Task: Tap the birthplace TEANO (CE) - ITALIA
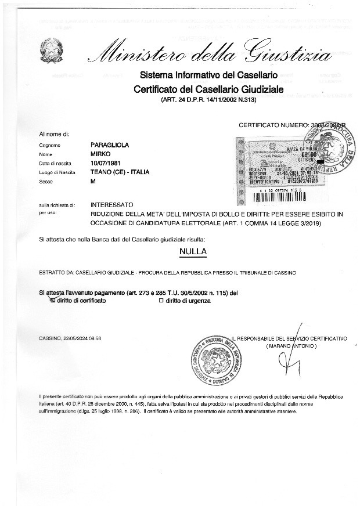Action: (120, 172)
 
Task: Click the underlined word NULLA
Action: (194, 252)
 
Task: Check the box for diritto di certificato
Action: (53, 301)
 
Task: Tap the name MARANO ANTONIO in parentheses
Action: (291, 346)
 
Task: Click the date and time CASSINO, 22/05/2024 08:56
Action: (70, 338)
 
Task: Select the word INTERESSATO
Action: (112, 205)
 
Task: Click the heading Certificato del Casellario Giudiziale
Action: (208, 89)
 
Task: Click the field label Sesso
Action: (46, 182)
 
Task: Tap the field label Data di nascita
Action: (56, 163)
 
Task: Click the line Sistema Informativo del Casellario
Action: (208, 75)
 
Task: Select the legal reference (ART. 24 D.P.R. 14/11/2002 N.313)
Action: (208, 100)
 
